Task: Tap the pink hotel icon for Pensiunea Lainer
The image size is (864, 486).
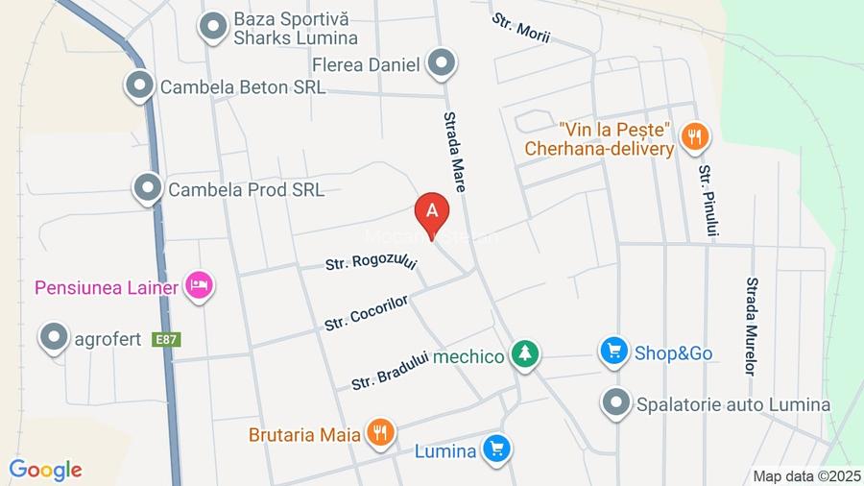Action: pyautogui.click(x=199, y=285)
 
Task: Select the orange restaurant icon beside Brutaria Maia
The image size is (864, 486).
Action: pyautogui.click(x=381, y=433)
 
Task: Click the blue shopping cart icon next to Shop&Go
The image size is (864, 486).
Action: pyautogui.click(x=614, y=352)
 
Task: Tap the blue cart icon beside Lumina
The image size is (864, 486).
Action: pyautogui.click(x=496, y=449)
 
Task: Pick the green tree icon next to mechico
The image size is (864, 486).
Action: pyautogui.click(x=524, y=355)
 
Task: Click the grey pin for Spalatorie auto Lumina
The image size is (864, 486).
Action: pyautogui.click(x=616, y=402)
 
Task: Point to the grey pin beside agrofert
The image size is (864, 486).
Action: pyautogui.click(x=54, y=337)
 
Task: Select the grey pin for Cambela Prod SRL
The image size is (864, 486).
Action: pyautogui.click(x=148, y=188)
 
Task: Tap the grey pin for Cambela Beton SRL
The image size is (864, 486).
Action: pyautogui.click(x=140, y=85)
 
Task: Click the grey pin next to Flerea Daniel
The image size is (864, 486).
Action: pyautogui.click(x=442, y=63)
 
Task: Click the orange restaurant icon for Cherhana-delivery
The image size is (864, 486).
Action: pyautogui.click(x=694, y=137)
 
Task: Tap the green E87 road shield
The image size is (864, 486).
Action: pyautogui.click(x=168, y=339)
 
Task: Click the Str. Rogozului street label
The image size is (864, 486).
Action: pyautogui.click(x=371, y=260)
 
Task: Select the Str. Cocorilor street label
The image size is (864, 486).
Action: pyautogui.click(x=367, y=312)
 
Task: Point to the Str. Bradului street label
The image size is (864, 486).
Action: pyautogui.click(x=389, y=369)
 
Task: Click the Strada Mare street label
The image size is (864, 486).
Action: pyautogui.click(x=453, y=152)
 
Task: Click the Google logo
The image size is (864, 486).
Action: pyautogui.click(x=45, y=470)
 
